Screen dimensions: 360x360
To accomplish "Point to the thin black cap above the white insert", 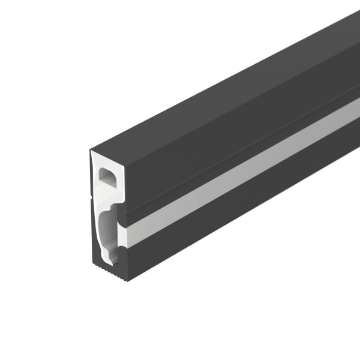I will (x=108, y=148).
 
